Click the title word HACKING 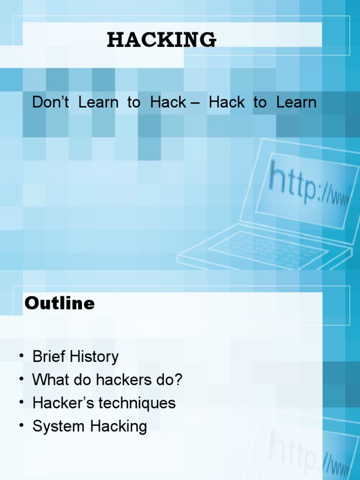(x=162, y=40)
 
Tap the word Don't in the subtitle (x=51, y=102)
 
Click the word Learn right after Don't (x=98, y=102)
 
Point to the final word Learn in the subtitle (x=296, y=102)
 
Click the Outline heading (x=60, y=303)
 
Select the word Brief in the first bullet (x=49, y=357)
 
